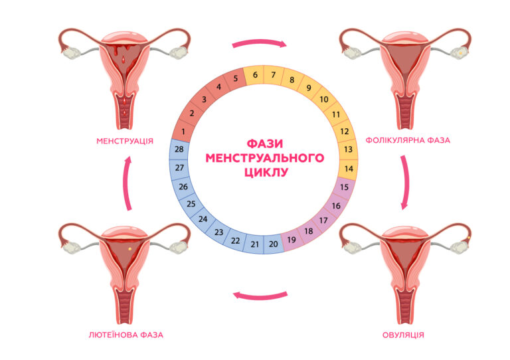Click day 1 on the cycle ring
tap(183, 131)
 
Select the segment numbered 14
tap(349, 169)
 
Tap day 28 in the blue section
tap(179, 149)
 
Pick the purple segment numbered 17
tap(323, 221)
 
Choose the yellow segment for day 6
tap(255, 75)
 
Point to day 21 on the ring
tap(255, 244)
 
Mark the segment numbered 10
tap(323, 99)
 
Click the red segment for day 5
tap(236, 78)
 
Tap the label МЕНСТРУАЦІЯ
tap(125, 141)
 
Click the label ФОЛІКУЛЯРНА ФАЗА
tap(408, 140)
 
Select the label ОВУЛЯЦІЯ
tap(403, 335)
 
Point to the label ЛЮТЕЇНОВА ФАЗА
tap(126, 335)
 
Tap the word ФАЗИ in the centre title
tap(265, 143)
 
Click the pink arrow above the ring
tap(260, 42)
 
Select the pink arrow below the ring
tap(260, 297)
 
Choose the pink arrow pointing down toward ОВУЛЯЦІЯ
tap(406, 183)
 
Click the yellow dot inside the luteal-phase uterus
tap(129, 249)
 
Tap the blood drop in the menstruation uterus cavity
tap(124, 60)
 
